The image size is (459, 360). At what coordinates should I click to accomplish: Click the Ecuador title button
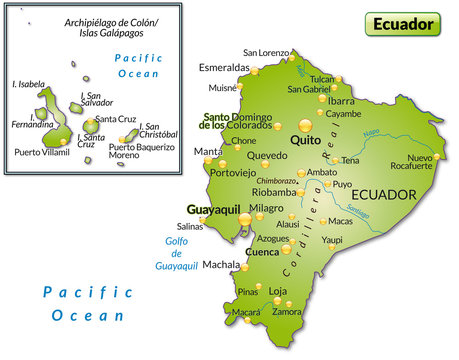coord(405,23)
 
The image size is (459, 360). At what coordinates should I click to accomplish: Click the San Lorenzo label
coord(265,52)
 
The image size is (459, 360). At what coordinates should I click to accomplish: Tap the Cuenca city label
coord(262,252)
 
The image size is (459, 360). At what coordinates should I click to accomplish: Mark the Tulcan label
coord(322,78)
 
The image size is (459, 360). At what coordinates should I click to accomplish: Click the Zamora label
coord(287,312)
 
